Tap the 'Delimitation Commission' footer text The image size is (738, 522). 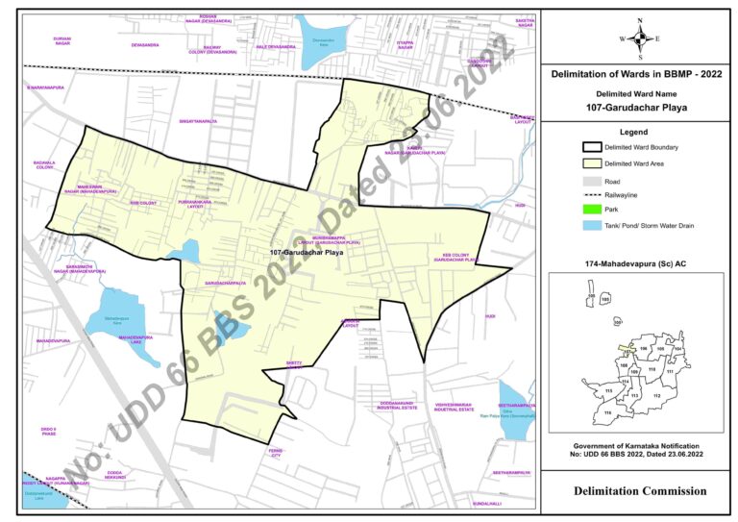tap(639, 491)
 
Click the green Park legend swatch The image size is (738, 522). tap(592, 211)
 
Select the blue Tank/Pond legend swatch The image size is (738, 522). tap(592, 226)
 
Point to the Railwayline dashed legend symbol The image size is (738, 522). tap(592, 195)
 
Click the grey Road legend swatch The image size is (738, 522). tap(592, 180)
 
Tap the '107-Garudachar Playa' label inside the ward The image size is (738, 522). tap(307, 253)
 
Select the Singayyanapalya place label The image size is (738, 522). tap(198, 122)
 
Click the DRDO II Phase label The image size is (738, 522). tap(49, 431)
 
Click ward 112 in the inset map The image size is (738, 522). tap(657, 395)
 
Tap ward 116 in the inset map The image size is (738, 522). tap(608, 412)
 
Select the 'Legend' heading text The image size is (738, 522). tap(639, 131)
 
